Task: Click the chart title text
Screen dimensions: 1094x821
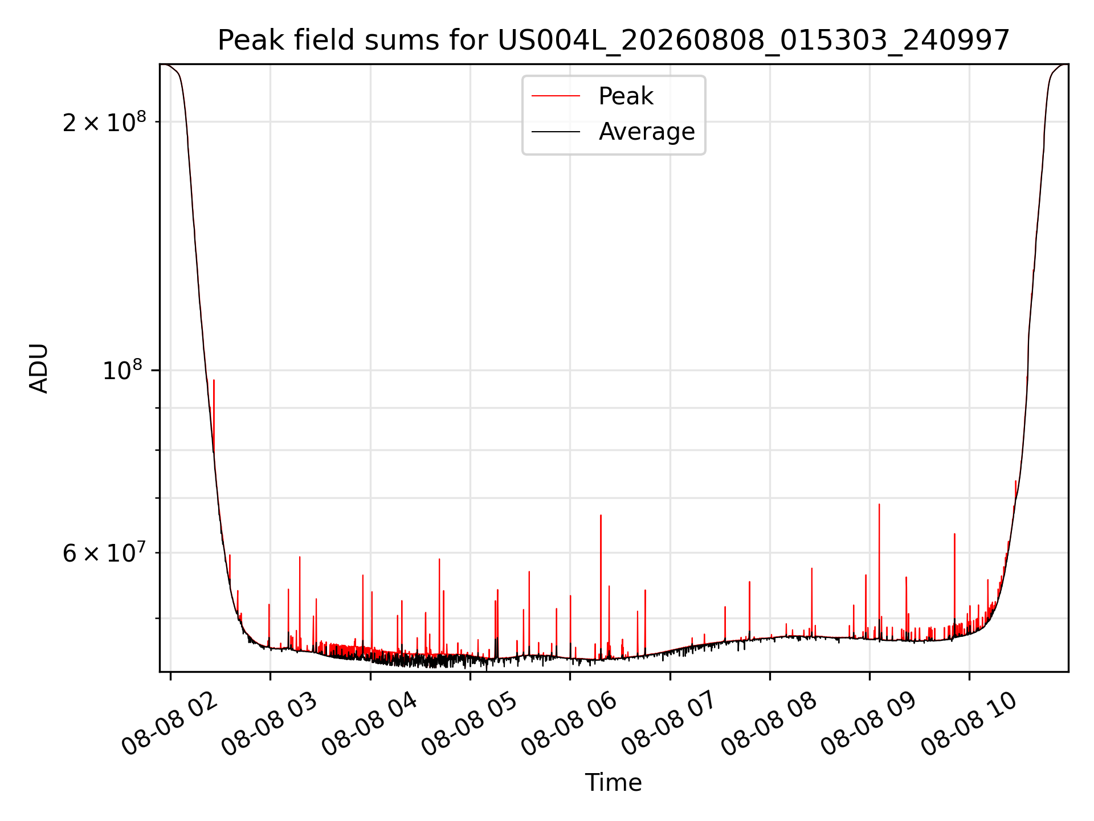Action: click(614, 40)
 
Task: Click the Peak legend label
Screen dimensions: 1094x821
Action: click(626, 96)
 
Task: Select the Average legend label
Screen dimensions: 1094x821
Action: click(647, 132)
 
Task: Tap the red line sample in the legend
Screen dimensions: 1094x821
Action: click(556, 96)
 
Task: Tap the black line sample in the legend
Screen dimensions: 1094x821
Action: click(556, 132)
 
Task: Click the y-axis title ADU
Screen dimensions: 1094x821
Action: click(39, 368)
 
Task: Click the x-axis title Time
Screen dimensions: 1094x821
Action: click(614, 783)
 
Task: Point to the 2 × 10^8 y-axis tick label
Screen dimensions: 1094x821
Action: click(104, 121)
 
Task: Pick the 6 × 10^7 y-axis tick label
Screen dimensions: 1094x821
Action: click(104, 552)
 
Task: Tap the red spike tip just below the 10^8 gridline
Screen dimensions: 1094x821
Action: click(214, 380)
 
